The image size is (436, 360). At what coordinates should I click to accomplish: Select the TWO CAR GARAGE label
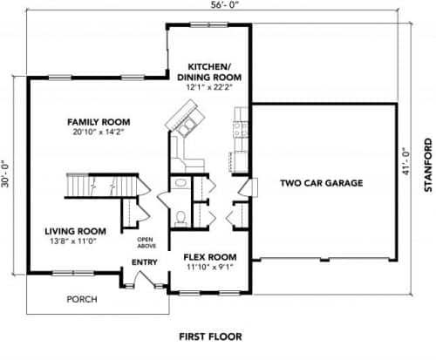(321, 183)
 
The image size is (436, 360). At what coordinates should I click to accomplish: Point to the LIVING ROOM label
(76, 231)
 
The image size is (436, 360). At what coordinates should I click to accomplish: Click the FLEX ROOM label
(209, 257)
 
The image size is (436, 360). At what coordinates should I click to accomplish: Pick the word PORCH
(83, 300)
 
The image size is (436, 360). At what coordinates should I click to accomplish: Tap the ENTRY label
(144, 262)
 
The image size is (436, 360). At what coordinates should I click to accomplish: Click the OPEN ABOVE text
(145, 241)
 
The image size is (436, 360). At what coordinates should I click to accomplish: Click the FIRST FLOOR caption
(210, 336)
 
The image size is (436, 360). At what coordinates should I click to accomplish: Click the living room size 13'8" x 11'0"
(76, 242)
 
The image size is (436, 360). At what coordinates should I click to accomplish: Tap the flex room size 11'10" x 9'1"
(209, 268)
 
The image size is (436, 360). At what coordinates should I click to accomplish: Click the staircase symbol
(96, 187)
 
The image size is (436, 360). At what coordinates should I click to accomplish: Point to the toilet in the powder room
(181, 215)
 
